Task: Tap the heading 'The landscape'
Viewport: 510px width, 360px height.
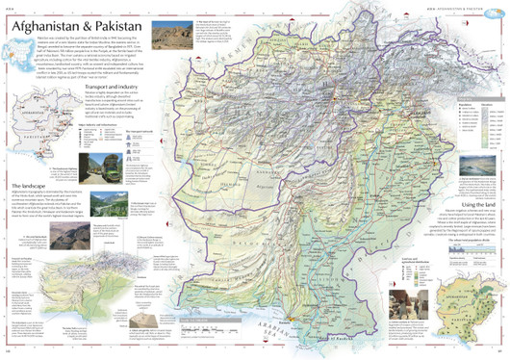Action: [x=31, y=213]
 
